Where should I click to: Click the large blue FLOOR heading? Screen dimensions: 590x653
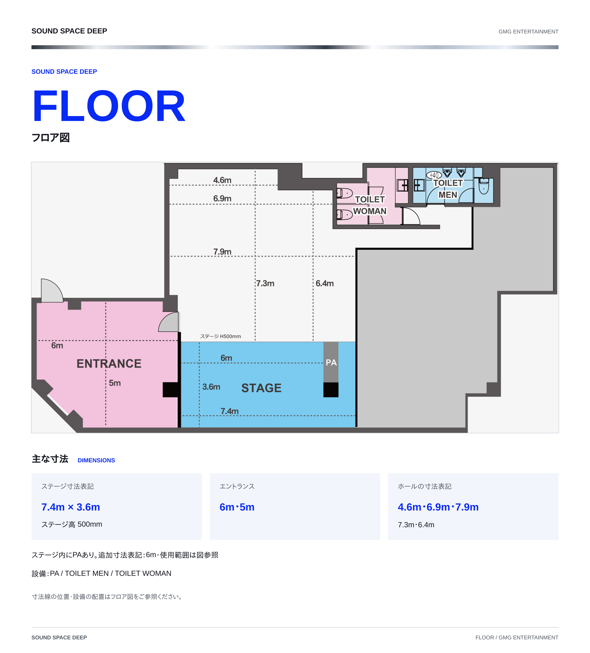click(109, 106)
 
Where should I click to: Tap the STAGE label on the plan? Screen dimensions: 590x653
click(261, 388)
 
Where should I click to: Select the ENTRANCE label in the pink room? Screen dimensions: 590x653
click(109, 363)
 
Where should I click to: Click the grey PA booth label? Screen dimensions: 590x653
click(331, 362)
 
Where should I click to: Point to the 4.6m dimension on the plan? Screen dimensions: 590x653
click(222, 180)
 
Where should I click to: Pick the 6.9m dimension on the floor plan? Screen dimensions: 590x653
click(222, 198)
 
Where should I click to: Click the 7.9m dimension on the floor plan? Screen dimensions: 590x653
click(222, 252)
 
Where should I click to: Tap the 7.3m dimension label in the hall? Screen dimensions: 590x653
click(265, 283)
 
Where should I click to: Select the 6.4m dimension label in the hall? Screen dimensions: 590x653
click(324, 283)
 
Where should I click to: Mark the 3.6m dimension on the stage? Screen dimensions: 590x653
click(211, 387)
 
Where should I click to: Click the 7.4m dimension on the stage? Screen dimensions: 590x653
click(230, 411)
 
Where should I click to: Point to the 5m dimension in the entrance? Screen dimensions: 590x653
click(115, 383)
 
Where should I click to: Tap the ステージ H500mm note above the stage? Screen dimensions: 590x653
click(220, 336)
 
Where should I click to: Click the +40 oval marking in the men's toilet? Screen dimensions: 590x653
click(434, 175)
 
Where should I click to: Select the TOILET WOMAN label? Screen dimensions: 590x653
click(370, 205)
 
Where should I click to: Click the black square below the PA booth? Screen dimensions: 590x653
click(331, 390)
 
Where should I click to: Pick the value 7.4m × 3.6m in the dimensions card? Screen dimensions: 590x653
click(71, 507)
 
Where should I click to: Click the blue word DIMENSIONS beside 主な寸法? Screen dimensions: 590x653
click(96, 460)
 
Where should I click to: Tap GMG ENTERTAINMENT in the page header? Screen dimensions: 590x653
click(528, 31)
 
